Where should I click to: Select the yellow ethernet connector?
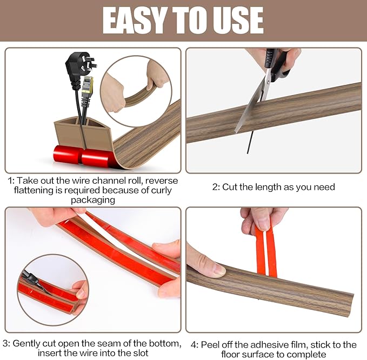pyautogui.click(x=87, y=86)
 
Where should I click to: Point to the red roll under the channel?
pyautogui.click(x=84, y=156)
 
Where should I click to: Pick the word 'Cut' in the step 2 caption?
pyautogui.click(x=231, y=187)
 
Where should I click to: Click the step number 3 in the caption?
pyautogui.click(x=5, y=343)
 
